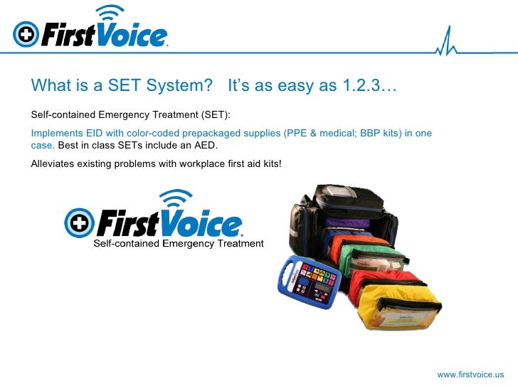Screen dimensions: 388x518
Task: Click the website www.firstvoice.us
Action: [470, 374]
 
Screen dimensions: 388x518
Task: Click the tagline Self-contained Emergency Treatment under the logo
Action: [179, 244]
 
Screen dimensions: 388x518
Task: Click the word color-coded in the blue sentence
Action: [138, 134]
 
